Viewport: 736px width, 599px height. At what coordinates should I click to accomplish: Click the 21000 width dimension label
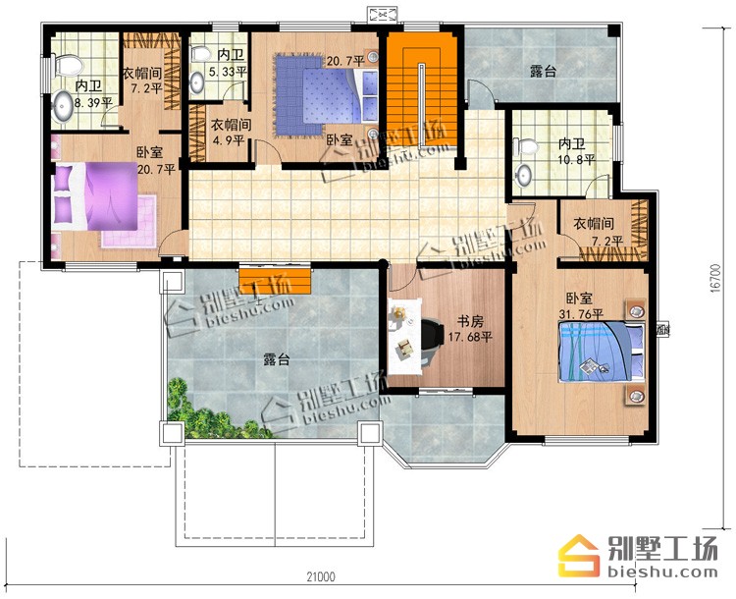(321, 576)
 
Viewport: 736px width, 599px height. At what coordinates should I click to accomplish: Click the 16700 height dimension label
(714, 278)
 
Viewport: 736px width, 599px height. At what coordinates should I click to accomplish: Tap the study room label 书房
(470, 322)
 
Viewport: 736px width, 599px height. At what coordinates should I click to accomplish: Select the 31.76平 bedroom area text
(581, 313)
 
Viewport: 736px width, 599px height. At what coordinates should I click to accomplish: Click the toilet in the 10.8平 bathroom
(526, 147)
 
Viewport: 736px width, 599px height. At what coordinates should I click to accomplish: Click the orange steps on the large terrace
(275, 281)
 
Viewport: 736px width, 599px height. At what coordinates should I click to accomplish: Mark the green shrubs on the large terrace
(210, 412)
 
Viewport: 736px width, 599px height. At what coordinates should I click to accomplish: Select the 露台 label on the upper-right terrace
(544, 72)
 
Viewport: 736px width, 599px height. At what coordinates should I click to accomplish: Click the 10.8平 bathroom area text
(576, 160)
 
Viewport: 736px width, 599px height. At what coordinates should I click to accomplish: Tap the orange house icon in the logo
(579, 556)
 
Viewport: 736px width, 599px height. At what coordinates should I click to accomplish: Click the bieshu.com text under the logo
(662, 572)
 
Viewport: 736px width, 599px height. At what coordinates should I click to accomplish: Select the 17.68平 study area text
(470, 337)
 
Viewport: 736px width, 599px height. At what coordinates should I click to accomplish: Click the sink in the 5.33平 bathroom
(197, 83)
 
